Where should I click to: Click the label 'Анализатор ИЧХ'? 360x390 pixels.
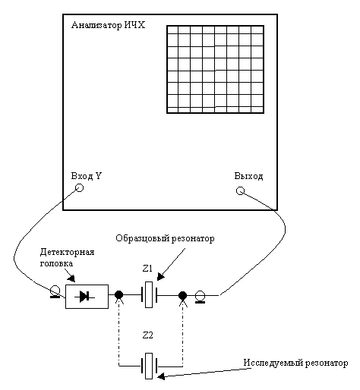108,25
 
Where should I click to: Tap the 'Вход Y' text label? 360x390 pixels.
87,176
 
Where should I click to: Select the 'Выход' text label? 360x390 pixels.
248,176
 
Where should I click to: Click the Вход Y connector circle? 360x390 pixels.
80,187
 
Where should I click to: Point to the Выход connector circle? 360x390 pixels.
240,190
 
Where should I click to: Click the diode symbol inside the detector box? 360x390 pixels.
84,297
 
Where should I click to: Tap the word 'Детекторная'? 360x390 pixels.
67,252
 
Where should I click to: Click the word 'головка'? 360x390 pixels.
56,263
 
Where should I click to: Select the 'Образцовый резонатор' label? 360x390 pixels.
165,238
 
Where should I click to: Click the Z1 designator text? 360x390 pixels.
147,269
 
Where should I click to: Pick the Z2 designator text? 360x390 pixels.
148,335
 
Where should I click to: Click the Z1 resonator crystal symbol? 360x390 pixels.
149,294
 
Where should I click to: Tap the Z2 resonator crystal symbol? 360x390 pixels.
149,366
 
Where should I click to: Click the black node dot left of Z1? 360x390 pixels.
118,295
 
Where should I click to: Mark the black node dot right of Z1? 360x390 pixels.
182,295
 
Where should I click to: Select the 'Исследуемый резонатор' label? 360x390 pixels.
295,363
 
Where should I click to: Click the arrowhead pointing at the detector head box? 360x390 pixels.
71,278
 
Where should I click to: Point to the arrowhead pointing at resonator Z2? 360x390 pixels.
161,376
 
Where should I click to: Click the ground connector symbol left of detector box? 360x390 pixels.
55,291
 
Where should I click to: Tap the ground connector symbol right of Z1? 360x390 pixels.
200,297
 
